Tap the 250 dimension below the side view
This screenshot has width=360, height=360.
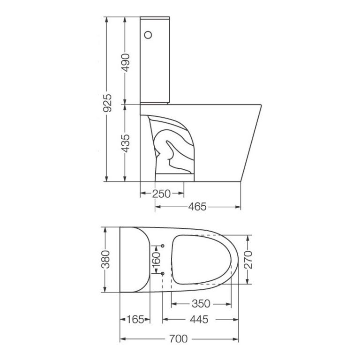[x=161, y=194]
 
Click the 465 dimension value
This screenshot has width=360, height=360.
[x=198, y=207]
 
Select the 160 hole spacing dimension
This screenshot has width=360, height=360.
[x=157, y=259]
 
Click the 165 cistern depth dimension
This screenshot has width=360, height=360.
[x=135, y=320]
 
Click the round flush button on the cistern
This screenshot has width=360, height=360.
[x=149, y=35]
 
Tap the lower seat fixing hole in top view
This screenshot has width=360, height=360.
[x=162, y=273]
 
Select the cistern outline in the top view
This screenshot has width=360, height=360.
[x=133, y=259]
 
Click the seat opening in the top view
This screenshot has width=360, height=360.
[x=202, y=259]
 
